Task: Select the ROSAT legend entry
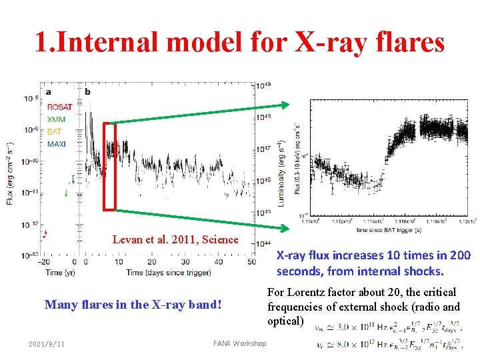point(60,107)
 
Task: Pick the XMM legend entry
point(57,119)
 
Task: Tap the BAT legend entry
point(55,131)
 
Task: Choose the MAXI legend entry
point(57,143)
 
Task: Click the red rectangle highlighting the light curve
point(109,166)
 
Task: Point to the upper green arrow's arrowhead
point(286,105)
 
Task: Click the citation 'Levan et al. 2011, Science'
point(175,239)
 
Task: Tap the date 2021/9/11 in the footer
point(47,343)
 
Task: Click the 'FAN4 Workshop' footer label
point(239,343)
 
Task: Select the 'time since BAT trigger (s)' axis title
point(389,228)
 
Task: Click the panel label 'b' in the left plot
point(88,91)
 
